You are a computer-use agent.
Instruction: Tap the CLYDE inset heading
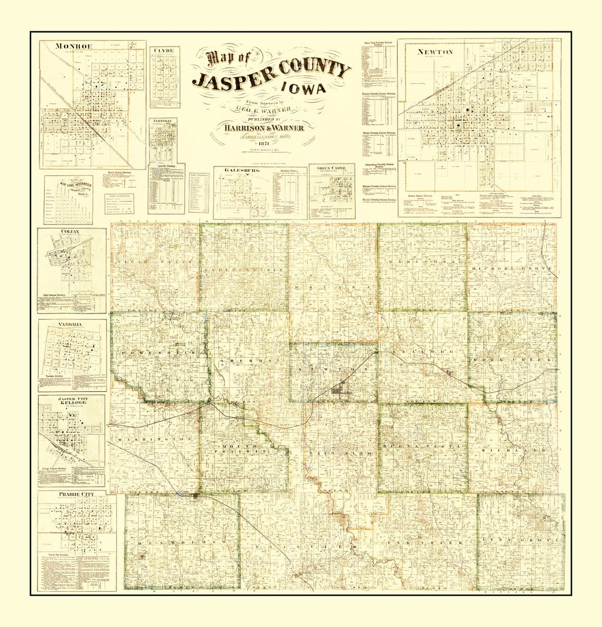[164, 51]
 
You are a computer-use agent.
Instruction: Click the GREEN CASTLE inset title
[332, 168]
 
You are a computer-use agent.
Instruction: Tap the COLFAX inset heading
[70, 232]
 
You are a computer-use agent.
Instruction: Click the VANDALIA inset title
[71, 323]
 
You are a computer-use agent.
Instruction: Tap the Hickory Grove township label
[511, 268]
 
